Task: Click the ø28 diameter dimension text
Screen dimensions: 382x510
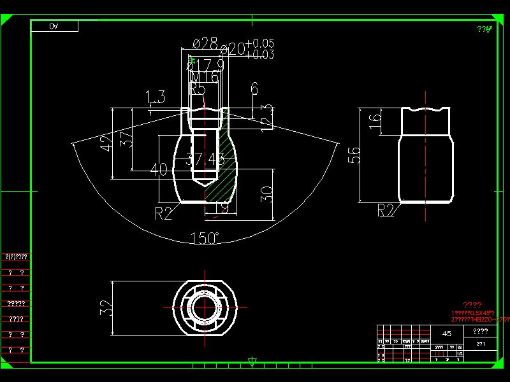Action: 205,43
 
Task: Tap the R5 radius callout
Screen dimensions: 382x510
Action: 198,89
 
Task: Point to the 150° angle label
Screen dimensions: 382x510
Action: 205,238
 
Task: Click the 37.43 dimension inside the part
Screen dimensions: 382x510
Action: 205,160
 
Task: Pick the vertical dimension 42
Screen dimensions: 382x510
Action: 106,145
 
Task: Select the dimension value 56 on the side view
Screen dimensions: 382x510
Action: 354,155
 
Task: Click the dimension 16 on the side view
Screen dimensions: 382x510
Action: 375,118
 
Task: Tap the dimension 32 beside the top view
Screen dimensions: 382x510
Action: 107,308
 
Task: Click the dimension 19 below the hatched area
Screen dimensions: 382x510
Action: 221,208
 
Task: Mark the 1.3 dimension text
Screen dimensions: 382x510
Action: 156,97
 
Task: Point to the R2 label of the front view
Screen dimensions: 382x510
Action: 164,213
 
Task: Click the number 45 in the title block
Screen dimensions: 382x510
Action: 447,334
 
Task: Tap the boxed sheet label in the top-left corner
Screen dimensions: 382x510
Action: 54,26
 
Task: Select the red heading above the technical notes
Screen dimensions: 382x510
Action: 472,305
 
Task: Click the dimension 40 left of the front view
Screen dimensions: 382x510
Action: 159,169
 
